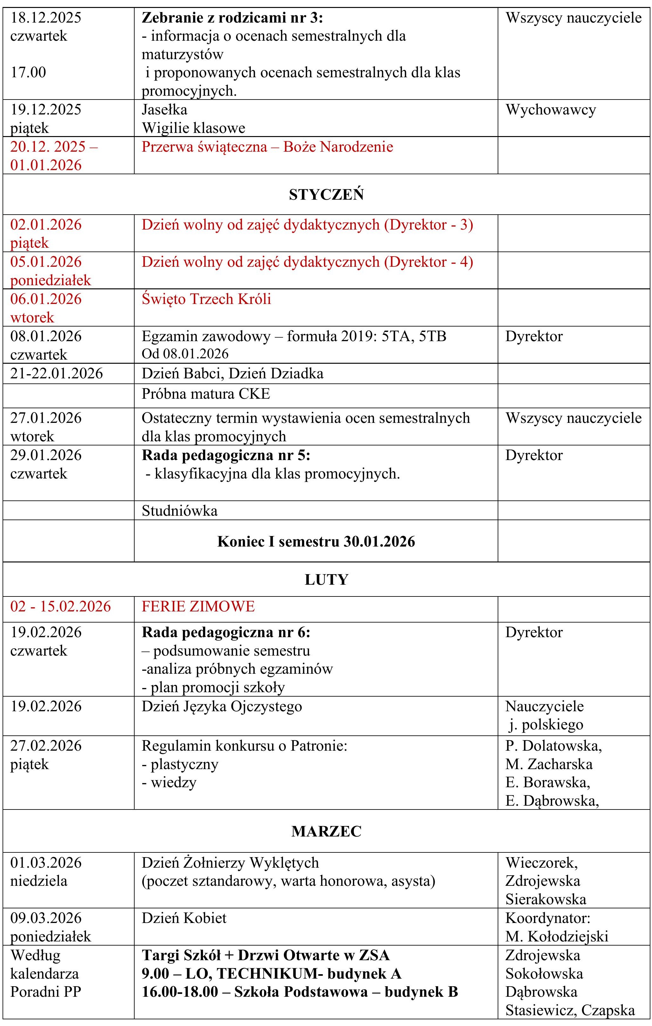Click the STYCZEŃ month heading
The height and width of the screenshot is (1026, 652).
point(326,195)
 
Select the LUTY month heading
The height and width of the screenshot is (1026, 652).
point(326,580)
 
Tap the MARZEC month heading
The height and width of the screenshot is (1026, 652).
point(326,831)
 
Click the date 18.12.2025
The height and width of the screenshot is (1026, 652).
point(46,17)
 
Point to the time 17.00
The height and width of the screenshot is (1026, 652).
point(28,72)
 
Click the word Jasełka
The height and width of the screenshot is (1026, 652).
point(164,110)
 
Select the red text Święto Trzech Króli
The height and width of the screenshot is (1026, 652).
point(207,299)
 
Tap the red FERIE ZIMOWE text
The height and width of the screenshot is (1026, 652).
point(198,606)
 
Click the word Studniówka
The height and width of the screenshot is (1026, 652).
point(179,511)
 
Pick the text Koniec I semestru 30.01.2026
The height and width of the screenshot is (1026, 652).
point(316,541)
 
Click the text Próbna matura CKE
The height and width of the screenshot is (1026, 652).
point(206,394)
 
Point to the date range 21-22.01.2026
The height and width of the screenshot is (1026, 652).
point(57,374)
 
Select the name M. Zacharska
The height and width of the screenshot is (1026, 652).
point(549,764)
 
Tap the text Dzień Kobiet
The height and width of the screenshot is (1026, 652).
point(184,918)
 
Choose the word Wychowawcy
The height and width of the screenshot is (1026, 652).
point(550,110)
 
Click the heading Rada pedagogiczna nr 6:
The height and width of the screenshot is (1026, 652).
point(226,632)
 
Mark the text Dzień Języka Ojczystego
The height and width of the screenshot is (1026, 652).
point(222,706)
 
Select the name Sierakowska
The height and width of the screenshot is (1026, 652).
point(546,899)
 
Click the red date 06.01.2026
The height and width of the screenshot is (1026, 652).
point(46,299)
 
